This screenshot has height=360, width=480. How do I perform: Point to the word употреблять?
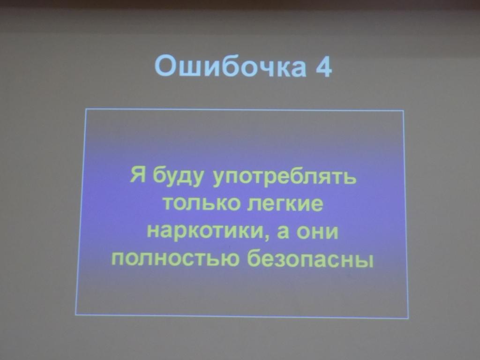tap(285, 180)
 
